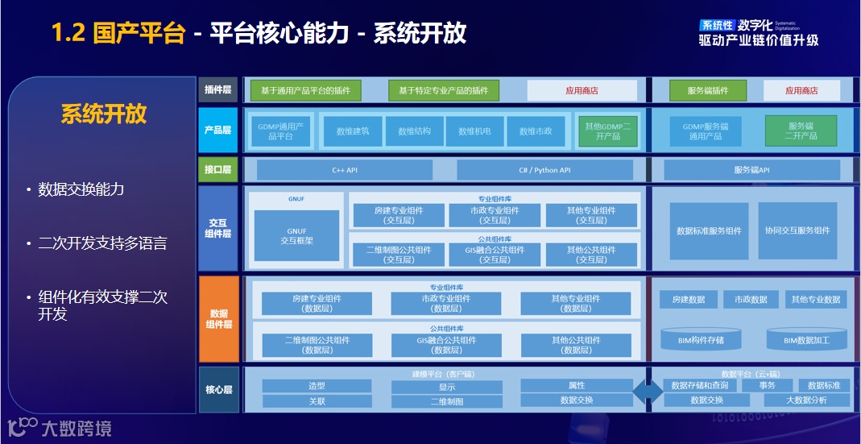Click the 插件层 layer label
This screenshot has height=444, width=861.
point(218,90)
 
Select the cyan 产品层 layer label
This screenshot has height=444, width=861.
point(218,130)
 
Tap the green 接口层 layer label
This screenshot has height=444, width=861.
point(218,170)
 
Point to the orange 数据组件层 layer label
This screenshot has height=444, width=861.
point(218,318)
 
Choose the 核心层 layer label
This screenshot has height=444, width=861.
point(218,390)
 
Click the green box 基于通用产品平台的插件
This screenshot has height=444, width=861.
point(305,90)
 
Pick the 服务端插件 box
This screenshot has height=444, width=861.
point(708,90)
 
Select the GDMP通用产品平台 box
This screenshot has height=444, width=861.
point(280,131)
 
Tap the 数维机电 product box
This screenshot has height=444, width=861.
point(475,131)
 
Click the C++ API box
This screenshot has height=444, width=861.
point(345,170)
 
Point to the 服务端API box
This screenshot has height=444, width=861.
point(751,170)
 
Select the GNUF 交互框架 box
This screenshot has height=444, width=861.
point(296,235)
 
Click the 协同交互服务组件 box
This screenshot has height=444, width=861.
point(797,230)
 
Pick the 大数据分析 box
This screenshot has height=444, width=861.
point(806,400)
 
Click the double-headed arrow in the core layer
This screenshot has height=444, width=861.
point(648,392)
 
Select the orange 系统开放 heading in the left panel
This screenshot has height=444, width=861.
point(104,114)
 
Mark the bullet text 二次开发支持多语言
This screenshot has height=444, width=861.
point(102,243)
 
